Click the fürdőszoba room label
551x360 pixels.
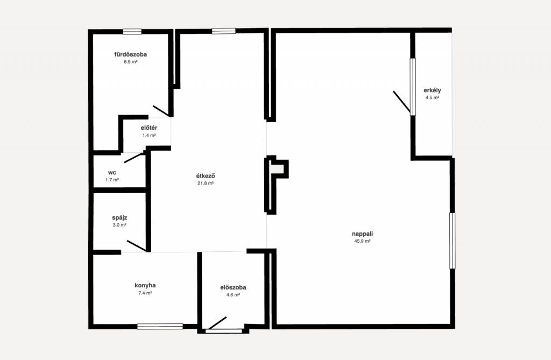pos(130,54)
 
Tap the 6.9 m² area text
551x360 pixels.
pos(130,62)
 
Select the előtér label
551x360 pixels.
pos(149,128)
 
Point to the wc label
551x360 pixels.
pos(112,173)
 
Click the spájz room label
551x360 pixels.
pos(119,218)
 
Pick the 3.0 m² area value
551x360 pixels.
pos(119,225)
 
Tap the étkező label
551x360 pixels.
pos(206,176)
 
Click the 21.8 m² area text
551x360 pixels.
pos(206,183)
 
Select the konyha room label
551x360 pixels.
pos(145,285)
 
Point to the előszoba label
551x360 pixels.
pos(234,287)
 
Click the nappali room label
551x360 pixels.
pos(363,234)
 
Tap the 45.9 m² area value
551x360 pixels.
pos(363,241)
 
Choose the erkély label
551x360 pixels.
pos(432,90)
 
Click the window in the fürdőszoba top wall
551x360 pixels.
pos(132,32)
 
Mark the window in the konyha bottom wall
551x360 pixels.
pos(160,327)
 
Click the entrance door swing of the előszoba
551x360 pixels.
pos(217,323)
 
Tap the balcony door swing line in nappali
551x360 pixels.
pos(401,102)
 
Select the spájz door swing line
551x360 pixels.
pos(136,246)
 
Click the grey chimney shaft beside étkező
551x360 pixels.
pos(278,169)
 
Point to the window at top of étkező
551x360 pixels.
pos(224,31)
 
